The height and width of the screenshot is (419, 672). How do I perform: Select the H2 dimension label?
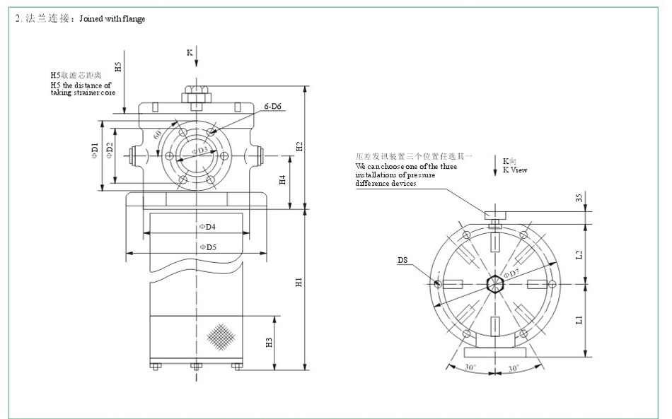[299, 147]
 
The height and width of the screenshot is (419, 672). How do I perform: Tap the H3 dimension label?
[269, 343]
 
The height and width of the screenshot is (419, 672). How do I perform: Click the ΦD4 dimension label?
[207, 227]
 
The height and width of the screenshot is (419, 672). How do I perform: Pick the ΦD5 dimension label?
[207, 247]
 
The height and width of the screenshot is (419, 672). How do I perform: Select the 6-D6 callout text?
[273, 106]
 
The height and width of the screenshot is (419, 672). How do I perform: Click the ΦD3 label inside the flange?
[202, 151]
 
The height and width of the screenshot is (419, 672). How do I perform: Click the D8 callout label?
[402, 260]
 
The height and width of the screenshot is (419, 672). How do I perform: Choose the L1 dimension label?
[579, 319]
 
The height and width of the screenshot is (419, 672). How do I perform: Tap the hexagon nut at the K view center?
[495, 283]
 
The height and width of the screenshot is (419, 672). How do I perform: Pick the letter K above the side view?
[189, 52]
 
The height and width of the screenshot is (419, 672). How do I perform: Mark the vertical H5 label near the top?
[118, 66]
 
